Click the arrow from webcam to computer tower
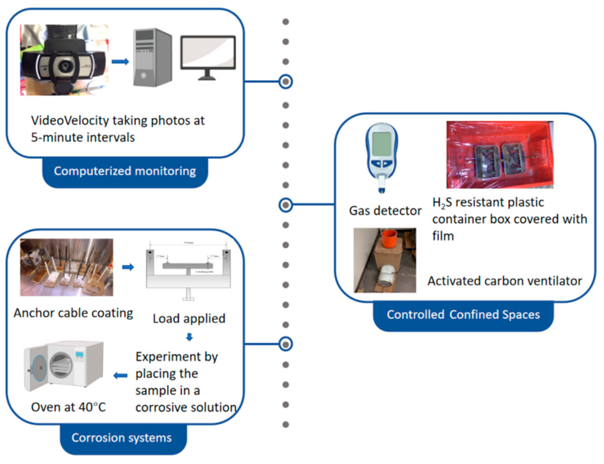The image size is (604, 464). (120, 61)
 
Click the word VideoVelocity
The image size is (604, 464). (70, 121)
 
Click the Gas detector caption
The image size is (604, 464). (385, 211)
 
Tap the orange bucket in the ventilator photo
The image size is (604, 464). (389, 239)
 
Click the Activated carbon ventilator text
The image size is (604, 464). (504, 281)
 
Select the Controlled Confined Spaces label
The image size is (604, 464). (463, 315)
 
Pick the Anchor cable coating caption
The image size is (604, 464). (73, 313)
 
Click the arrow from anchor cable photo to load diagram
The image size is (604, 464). (128, 267)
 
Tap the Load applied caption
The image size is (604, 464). (189, 319)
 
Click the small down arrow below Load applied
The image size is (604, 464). (189, 337)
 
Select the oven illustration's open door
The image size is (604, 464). (37, 369)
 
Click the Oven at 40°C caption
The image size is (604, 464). (68, 407)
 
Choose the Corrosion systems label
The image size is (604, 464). (122, 438)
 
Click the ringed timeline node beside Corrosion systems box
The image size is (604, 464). (286, 344)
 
